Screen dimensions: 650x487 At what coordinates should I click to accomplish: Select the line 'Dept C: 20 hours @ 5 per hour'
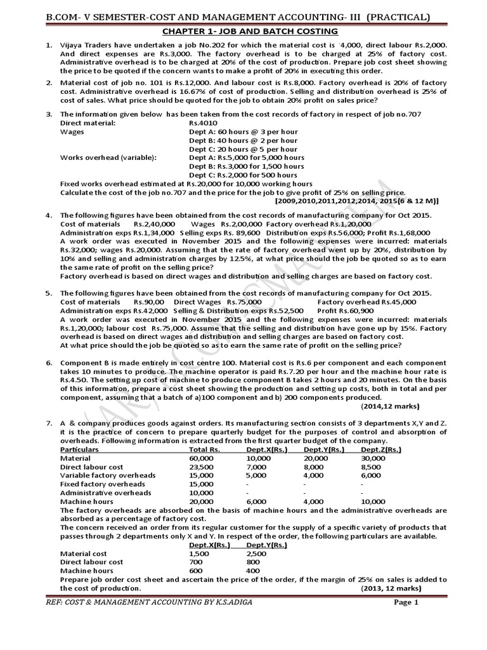243,149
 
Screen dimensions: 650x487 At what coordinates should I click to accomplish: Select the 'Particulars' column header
84,449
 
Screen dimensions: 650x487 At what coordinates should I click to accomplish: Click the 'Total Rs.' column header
204,449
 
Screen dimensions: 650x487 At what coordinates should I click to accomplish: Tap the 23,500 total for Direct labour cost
200,467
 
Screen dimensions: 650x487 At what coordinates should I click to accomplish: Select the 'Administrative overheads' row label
105,493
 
